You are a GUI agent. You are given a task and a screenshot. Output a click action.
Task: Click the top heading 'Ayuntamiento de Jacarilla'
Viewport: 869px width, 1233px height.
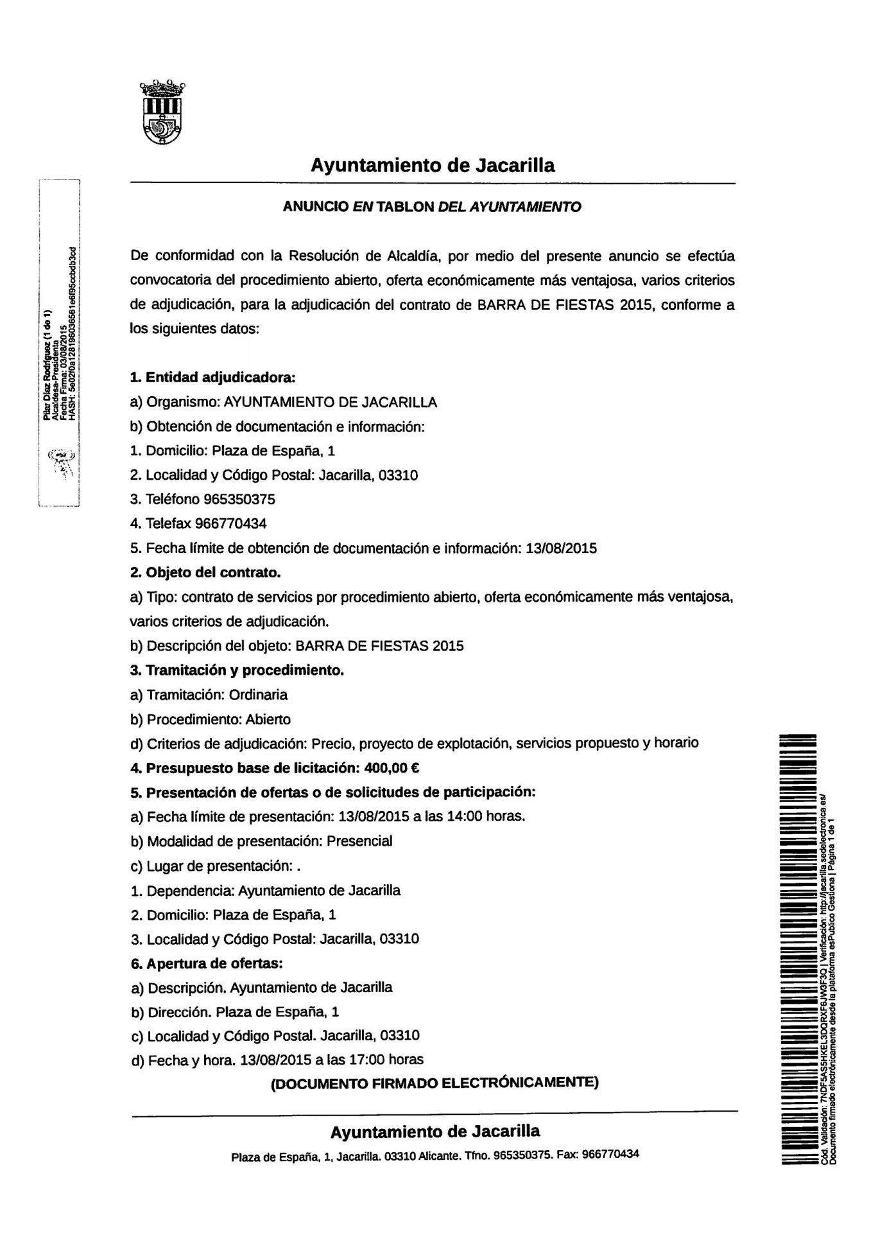pos(433,166)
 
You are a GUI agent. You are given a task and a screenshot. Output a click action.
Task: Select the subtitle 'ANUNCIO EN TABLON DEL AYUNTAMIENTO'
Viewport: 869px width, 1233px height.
pos(432,207)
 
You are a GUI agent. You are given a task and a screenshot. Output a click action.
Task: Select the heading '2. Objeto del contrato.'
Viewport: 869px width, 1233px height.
pos(205,572)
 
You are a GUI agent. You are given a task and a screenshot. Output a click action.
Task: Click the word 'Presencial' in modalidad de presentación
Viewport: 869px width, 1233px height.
pos(359,841)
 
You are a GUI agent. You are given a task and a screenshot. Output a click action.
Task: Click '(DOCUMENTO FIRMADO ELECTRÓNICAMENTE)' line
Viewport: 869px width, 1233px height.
pos(434,1083)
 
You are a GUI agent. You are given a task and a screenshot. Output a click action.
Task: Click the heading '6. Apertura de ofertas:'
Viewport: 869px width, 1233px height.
pos(206,963)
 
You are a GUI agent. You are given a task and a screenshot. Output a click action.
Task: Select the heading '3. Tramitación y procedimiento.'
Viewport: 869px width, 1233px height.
pos(237,670)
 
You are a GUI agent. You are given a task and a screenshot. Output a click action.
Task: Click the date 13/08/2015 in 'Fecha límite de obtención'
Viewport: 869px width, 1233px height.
pos(561,548)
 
